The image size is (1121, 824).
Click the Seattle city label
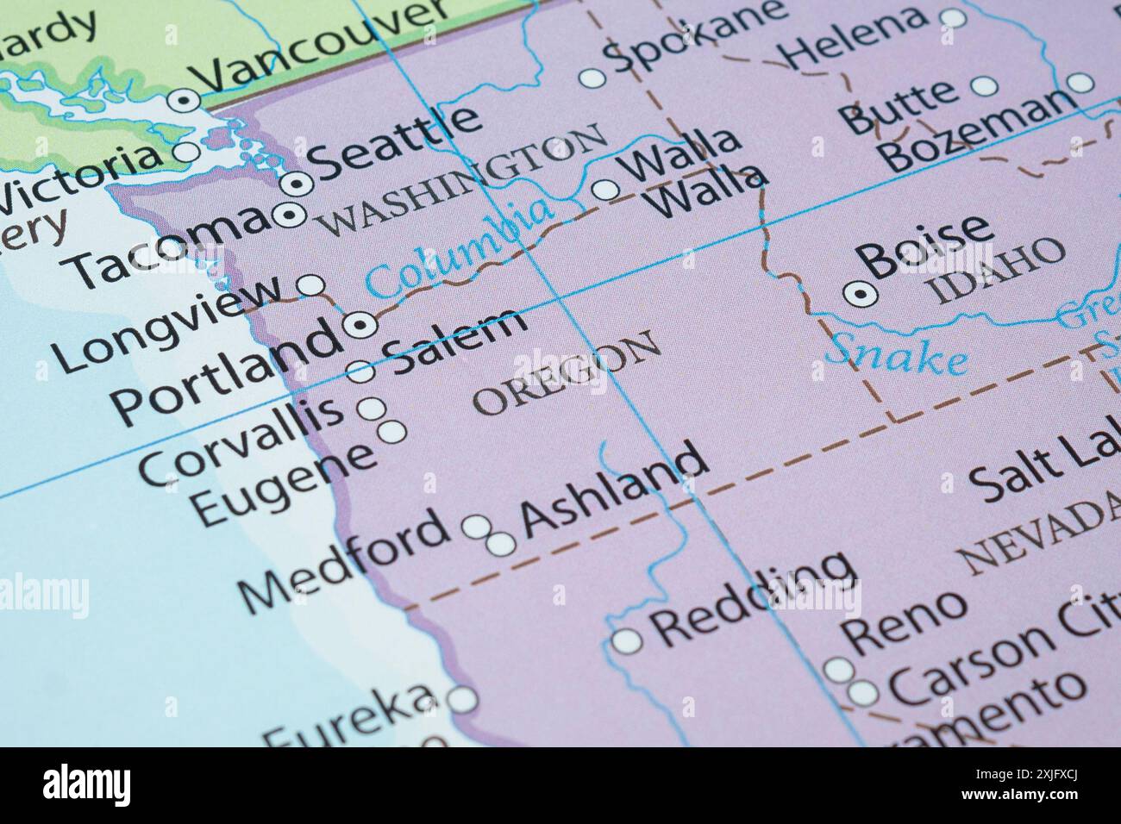pos(394,142)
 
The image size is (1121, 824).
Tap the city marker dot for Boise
pos(860,295)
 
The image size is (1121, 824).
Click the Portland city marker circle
pos(360,324)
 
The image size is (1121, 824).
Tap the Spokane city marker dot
pos(592,78)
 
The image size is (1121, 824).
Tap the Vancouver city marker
pos(183,101)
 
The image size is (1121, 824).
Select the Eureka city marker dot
pos(464,699)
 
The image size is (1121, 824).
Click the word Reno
pos(904,619)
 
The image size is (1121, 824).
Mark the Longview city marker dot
pos(310,284)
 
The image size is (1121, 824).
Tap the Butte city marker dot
pos(984,86)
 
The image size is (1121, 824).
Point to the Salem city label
pos(457,340)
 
